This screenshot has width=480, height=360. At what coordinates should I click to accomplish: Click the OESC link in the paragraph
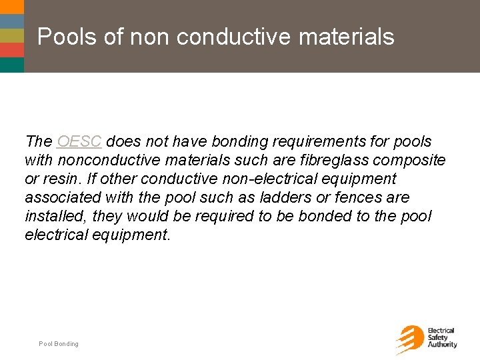click(79, 142)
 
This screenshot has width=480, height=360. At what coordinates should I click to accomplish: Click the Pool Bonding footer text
click(58, 344)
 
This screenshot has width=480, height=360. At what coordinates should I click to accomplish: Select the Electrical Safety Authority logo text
click(442, 338)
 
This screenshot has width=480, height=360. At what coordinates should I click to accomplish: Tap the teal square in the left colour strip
click(11, 65)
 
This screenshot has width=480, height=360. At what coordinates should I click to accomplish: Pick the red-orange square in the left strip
click(11, 50)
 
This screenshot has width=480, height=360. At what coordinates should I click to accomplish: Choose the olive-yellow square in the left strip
click(11, 35)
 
